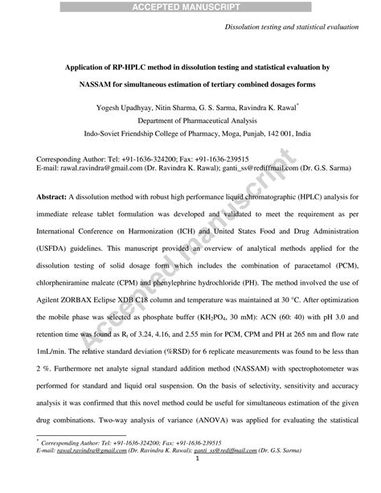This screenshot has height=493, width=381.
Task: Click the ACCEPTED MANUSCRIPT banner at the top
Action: (190, 6)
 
